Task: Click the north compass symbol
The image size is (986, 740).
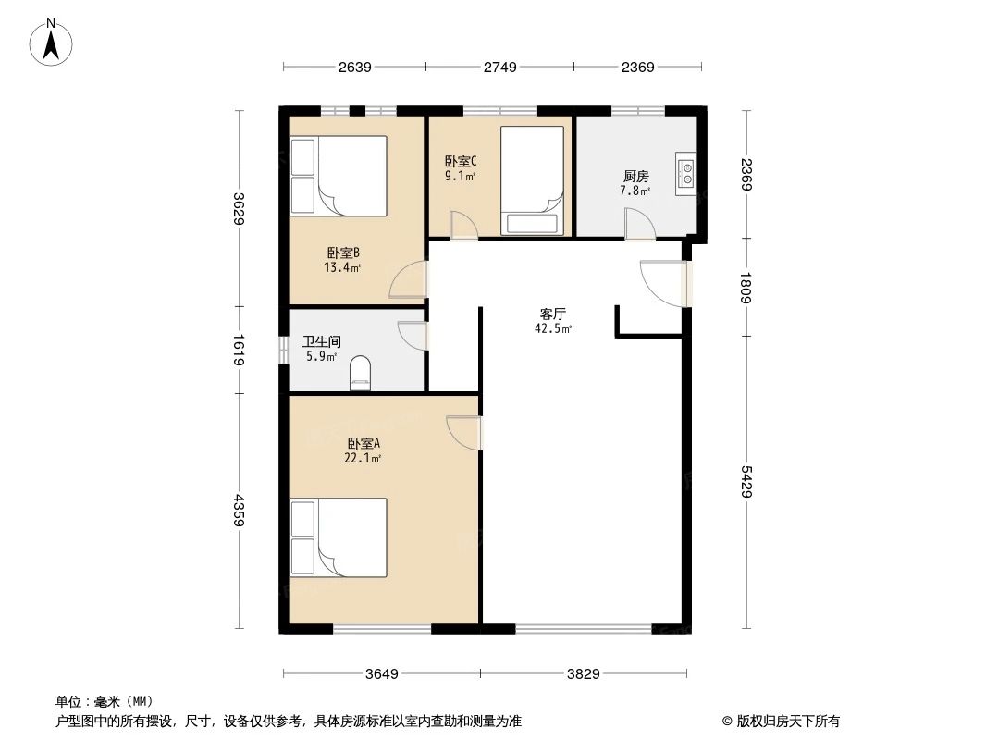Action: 54,41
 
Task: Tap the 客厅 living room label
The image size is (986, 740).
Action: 553,314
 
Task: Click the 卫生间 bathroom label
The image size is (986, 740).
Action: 321,341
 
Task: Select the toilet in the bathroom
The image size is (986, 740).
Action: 360,376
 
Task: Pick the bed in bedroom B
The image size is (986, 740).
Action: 339,176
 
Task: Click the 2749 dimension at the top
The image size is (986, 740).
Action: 499,67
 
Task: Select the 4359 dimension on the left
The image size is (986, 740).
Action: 238,510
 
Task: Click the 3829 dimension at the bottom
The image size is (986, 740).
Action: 585,673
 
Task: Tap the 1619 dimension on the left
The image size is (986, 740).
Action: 238,350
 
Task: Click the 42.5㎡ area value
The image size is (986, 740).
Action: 553,328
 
